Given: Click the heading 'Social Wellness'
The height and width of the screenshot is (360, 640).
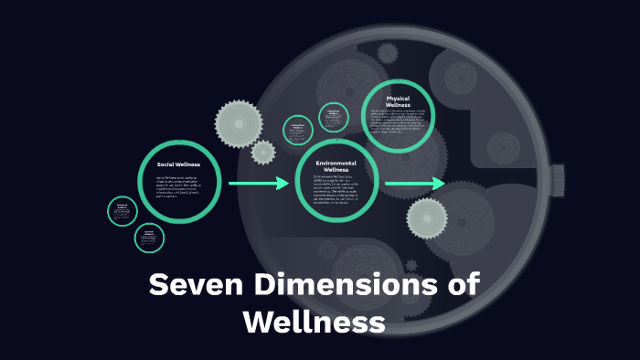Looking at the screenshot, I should tap(178, 164).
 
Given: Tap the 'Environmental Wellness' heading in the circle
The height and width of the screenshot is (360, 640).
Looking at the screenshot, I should tap(336, 166).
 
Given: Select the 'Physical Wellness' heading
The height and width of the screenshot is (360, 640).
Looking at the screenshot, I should tap(398, 101).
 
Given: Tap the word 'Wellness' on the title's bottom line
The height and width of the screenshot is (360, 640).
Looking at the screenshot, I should tap(314, 322).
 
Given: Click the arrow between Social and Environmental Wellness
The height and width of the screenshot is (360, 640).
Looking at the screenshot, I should tap(258, 184).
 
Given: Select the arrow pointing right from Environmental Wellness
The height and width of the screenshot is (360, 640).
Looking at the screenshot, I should tap(414, 185).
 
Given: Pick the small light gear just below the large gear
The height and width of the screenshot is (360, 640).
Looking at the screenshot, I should tap(263, 152).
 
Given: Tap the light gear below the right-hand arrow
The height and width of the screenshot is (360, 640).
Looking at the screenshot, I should tap(427, 218).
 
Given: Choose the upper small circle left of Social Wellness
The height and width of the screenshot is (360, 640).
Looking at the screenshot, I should tap(123, 211).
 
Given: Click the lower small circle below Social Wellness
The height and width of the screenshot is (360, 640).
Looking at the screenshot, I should tap(149, 238).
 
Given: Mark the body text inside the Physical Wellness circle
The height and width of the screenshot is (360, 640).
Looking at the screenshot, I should tap(398, 121).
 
